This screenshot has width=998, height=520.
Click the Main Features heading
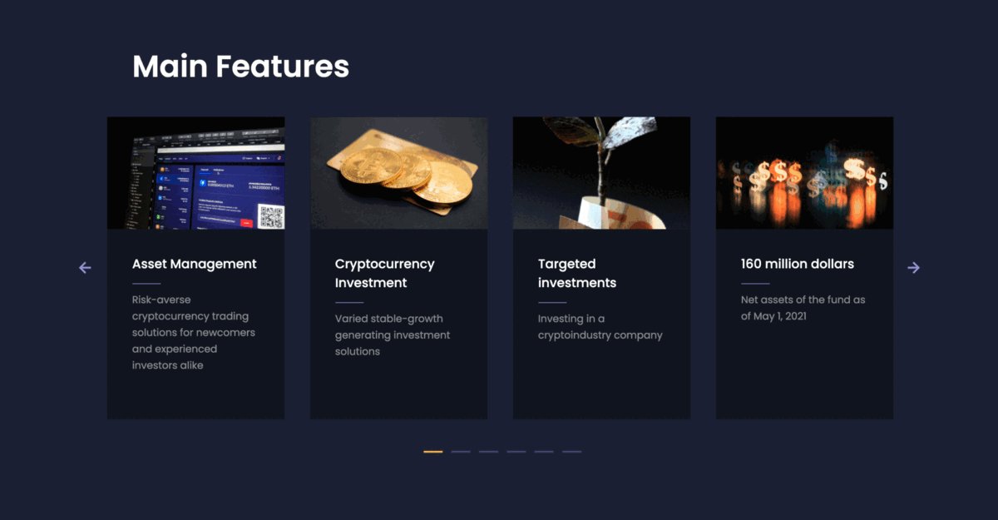240,67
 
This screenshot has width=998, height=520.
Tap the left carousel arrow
85,267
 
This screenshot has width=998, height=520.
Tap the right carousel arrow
913,267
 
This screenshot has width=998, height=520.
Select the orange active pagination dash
433,452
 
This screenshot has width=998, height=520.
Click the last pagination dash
571,452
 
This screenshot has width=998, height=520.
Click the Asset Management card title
195,264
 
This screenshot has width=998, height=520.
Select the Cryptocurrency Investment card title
384,273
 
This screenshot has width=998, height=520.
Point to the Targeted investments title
577,273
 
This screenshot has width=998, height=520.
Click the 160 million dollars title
797,264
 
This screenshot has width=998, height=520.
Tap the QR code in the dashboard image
271,216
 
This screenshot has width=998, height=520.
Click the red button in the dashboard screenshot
246,222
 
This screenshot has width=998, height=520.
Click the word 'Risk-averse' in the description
161,300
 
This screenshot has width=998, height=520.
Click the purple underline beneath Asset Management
146,284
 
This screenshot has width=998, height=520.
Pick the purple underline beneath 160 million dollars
755,284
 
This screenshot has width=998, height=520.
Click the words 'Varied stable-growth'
389,319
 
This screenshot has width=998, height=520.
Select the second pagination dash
461,452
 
